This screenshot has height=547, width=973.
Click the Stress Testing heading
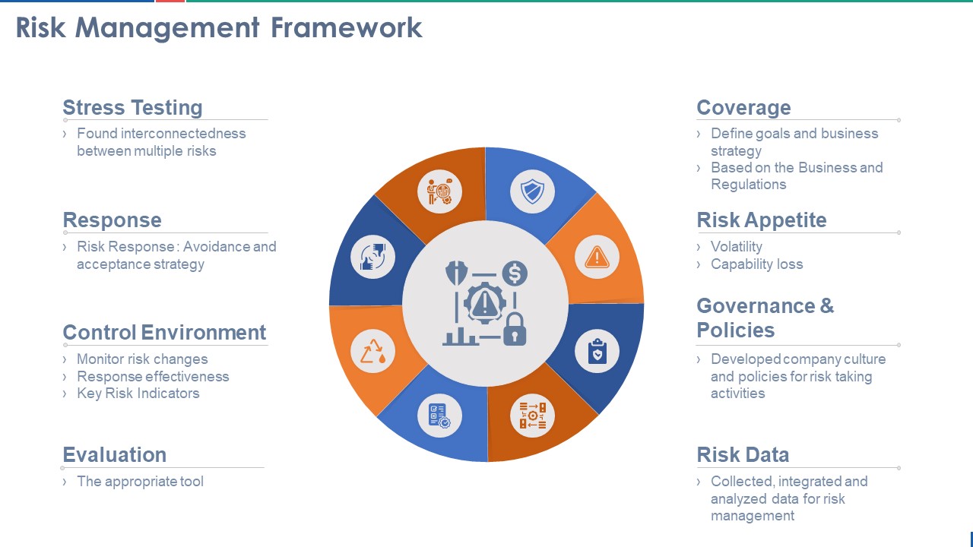pos(132,108)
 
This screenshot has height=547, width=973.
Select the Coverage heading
pos(743,108)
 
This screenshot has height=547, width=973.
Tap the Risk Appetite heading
pos(761,220)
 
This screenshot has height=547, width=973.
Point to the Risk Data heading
pos(743,455)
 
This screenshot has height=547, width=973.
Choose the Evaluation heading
pos(114,455)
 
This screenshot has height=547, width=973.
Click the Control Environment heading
pos(164,333)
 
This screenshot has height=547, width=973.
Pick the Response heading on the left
pos(112,220)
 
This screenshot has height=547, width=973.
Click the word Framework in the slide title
pos(347,28)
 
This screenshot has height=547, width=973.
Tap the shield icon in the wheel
pos(532,191)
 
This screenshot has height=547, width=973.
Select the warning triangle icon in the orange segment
pos(597,258)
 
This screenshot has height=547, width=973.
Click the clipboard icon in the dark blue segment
pos(597,352)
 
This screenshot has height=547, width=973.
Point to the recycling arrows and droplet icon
pos(372,352)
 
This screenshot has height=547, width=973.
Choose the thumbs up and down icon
pos(372,258)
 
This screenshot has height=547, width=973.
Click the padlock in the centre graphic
pos(515,328)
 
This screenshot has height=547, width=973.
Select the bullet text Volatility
pos(736,247)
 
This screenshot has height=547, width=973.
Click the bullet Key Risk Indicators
pos(138,394)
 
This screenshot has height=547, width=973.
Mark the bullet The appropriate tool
pos(140,482)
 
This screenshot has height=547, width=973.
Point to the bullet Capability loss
pos(756,264)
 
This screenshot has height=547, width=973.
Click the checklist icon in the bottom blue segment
pos(439,416)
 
